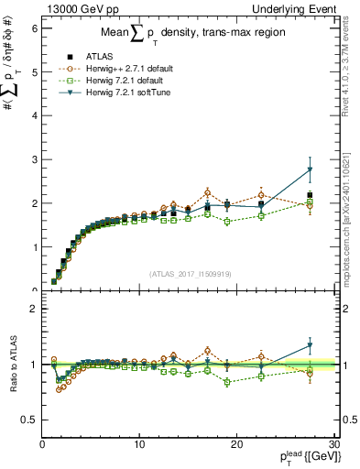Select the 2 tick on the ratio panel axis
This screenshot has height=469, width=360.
click(x=34, y=309)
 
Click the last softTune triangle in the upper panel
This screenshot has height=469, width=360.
click(x=310, y=169)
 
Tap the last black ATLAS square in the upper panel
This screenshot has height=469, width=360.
click(x=310, y=195)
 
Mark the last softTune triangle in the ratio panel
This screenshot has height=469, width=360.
click(x=310, y=345)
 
